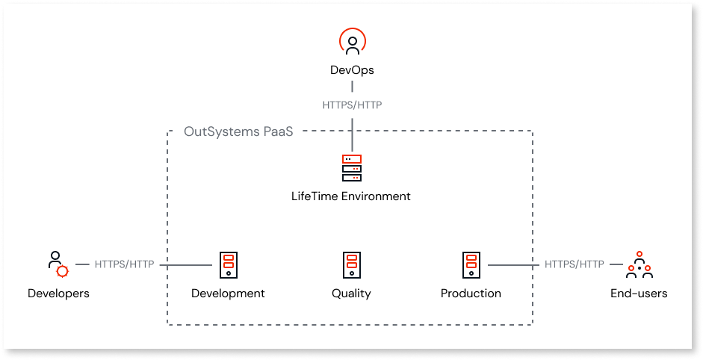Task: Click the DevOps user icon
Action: pyautogui.click(x=352, y=43)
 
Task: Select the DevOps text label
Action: pyautogui.click(x=352, y=70)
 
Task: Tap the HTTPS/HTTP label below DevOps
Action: pyautogui.click(x=352, y=105)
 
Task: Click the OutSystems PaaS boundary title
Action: pyautogui.click(x=238, y=132)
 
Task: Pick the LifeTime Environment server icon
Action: pyautogui.click(x=351, y=168)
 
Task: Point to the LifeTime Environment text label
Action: pyautogui.click(x=351, y=196)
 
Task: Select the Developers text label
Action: pyautogui.click(x=58, y=294)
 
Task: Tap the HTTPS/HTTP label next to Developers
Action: pyautogui.click(x=124, y=264)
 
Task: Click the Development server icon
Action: pyautogui.click(x=228, y=264)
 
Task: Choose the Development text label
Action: pyautogui.click(x=228, y=294)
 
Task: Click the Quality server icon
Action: pyautogui.click(x=351, y=264)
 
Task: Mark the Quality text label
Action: pyautogui.click(x=351, y=294)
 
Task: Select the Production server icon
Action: pyautogui.click(x=471, y=264)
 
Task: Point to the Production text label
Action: pyautogui.click(x=471, y=294)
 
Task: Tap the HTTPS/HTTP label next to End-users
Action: pyautogui.click(x=574, y=264)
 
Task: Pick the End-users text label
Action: pyautogui.click(x=639, y=294)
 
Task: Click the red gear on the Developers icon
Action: pyautogui.click(x=62, y=271)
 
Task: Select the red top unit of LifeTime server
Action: pyautogui.click(x=351, y=159)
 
